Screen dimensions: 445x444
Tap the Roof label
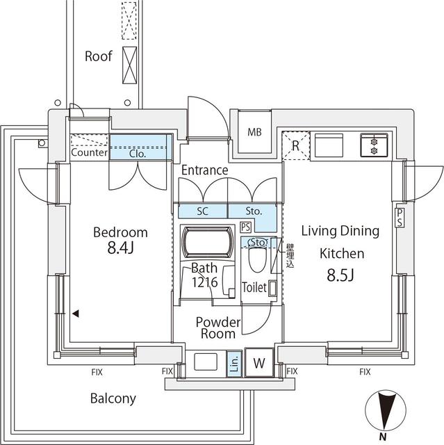pos(98,56)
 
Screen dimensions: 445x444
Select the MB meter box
pos(254,132)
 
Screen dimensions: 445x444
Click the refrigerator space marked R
pos(296,145)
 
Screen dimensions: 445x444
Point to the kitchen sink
pos(330,145)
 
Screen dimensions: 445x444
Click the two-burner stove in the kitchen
pos(374,145)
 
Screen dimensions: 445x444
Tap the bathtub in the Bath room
pos(204,243)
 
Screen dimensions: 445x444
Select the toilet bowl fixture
pos(255,259)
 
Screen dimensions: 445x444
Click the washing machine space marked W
pos(258,362)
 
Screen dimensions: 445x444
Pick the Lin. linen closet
pos(234,362)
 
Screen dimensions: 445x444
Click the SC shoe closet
pos(202,210)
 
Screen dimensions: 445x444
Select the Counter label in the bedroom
pos(89,153)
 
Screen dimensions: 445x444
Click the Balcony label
pos(113,399)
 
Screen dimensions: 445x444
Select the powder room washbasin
pos(206,362)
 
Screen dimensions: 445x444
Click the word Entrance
pos(204,170)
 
